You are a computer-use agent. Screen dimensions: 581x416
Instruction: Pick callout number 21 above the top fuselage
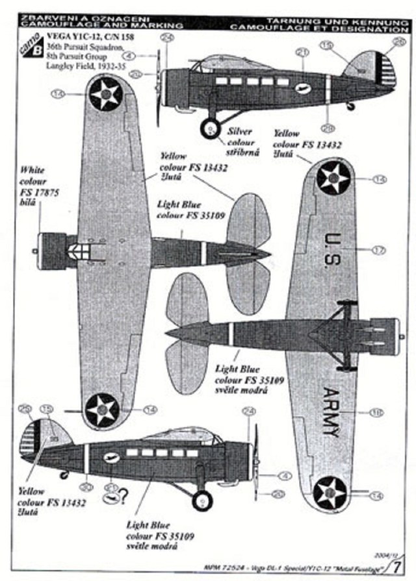[301, 51]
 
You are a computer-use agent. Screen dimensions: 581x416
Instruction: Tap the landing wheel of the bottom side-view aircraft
[202, 499]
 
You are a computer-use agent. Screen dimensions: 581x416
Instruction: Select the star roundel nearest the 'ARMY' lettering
[329, 492]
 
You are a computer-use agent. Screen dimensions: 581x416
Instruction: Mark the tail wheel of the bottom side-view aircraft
[64, 475]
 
